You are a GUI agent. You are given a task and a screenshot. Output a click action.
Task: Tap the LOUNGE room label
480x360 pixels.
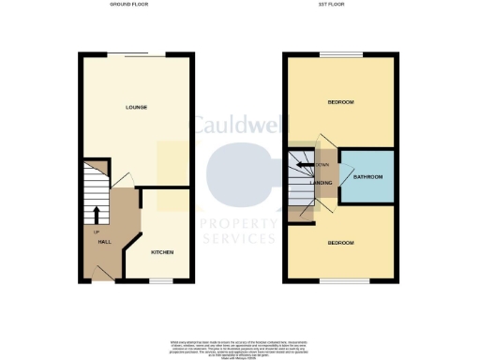(137, 107)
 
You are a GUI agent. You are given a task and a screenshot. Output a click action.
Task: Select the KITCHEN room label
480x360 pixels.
(162, 252)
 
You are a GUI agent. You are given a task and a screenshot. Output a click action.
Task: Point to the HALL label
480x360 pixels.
(104, 243)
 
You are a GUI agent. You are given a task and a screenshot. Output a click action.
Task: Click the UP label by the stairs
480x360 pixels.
(96, 232)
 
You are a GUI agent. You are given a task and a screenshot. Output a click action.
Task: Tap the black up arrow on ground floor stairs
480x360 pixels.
(96, 216)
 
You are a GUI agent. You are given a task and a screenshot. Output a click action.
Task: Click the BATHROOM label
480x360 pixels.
(367, 176)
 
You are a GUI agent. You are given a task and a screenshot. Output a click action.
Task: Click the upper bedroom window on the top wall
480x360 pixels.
(340, 53)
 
